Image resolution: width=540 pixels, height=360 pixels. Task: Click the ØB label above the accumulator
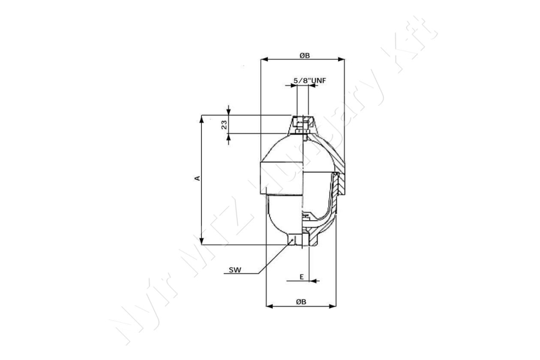pos(305,56)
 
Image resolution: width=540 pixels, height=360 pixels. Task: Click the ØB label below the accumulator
pos(301,302)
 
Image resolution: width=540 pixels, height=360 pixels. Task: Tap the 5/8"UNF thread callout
pos(310,81)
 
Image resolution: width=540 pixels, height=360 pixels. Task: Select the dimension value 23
pos(224,125)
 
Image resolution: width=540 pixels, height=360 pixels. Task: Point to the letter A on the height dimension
pos(197,178)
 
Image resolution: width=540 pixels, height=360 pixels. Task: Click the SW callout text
pos(235,270)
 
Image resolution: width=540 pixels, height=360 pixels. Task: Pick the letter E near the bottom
pos(301,277)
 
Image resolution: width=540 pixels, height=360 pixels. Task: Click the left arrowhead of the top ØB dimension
pos(264,60)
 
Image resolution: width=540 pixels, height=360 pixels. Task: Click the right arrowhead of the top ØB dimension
pos(341,60)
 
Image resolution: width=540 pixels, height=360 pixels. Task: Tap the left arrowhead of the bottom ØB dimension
pos(269,306)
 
